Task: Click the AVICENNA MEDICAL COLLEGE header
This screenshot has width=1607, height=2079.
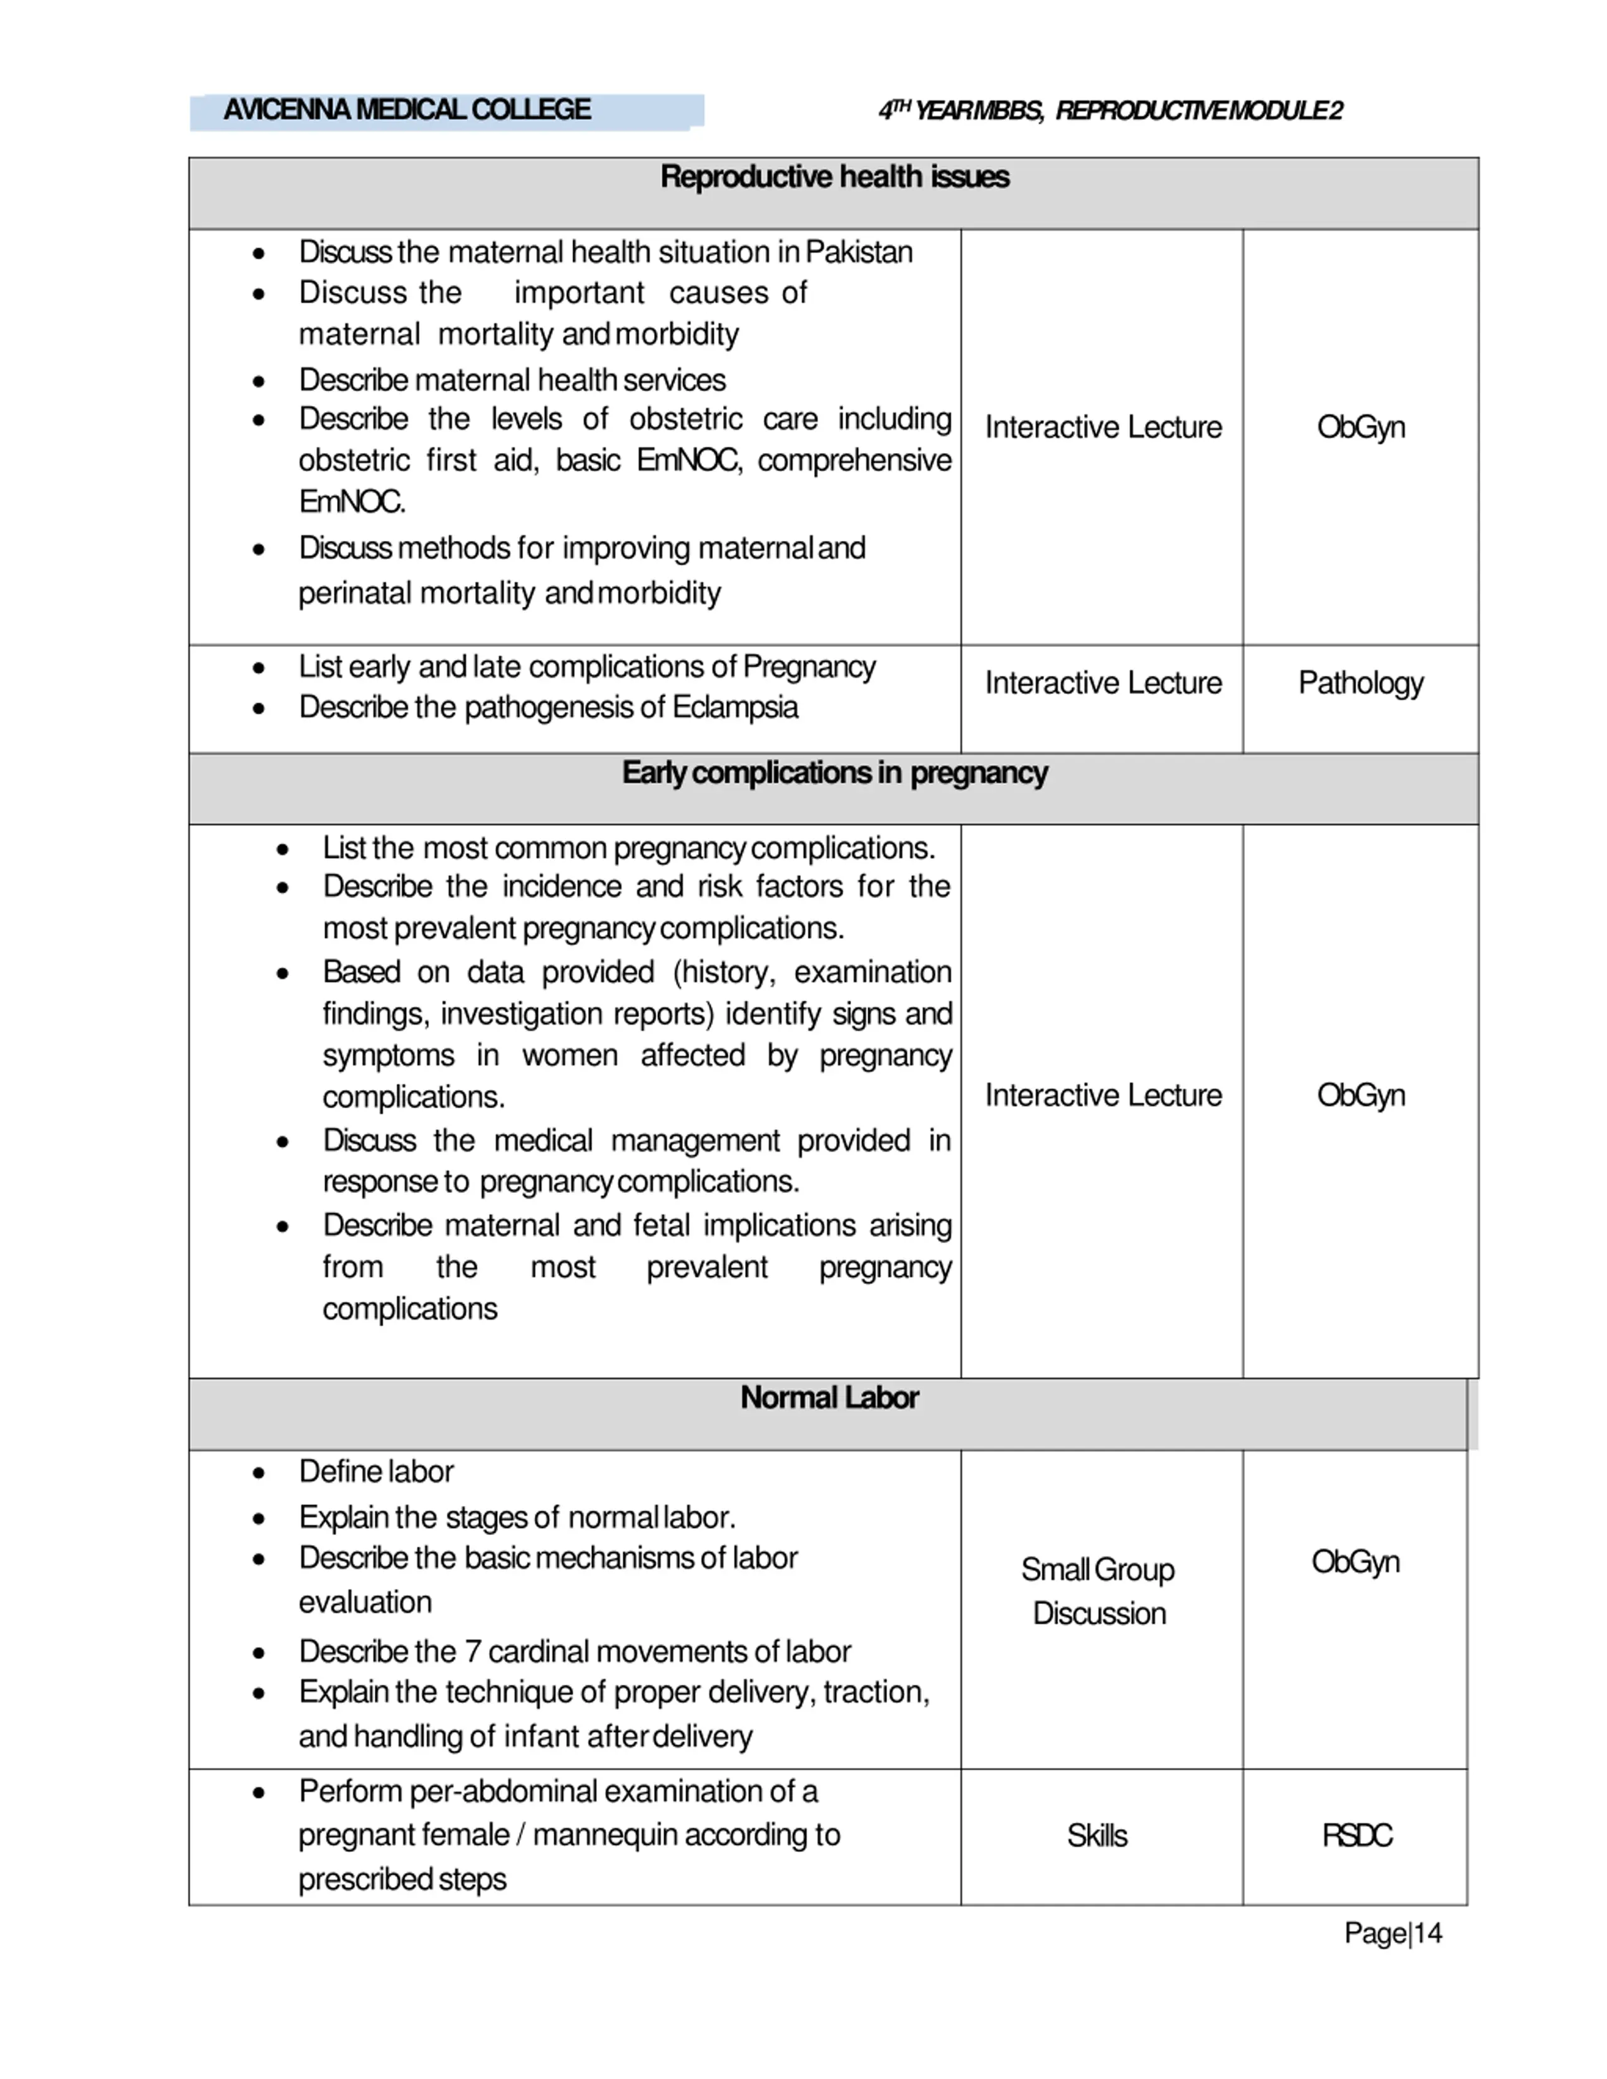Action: point(407,110)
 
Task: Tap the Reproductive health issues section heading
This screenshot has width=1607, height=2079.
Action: point(834,177)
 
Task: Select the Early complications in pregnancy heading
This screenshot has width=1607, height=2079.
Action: point(834,773)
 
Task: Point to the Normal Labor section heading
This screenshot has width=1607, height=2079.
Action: point(829,1398)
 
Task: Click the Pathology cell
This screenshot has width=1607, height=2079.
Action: point(1360,683)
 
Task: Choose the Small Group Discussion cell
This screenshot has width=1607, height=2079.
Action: point(1099,1591)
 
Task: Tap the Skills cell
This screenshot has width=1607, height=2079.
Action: point(1097,1836)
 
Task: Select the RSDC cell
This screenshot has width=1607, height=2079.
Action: point(1357,1836)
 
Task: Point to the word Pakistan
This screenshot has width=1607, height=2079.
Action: point(859,252)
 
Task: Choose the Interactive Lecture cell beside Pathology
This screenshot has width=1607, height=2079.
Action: point(1102,683)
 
